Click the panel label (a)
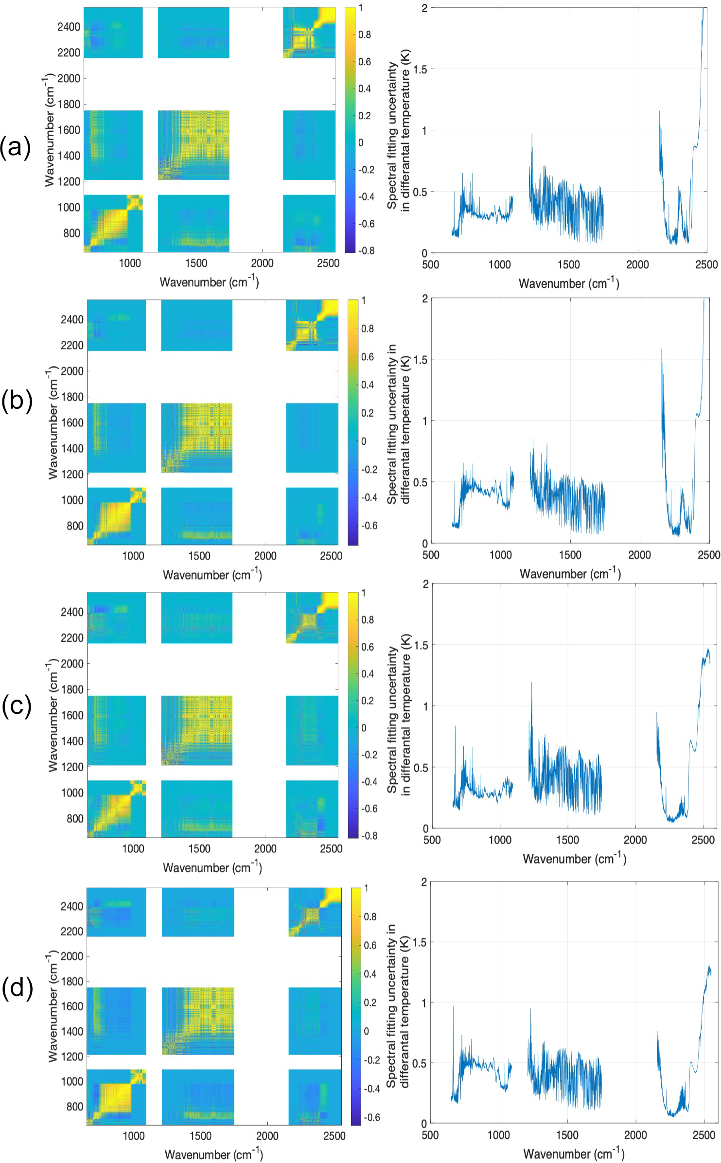pos(16,147)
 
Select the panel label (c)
pos(17,705)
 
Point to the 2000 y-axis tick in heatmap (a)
pos(69,78)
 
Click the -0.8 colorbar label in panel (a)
pos(366,251)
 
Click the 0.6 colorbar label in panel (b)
pos(367,357)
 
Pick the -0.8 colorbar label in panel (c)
pos(369,835)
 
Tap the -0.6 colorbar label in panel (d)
pos(372,1117)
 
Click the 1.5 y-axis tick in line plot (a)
pos(421,69)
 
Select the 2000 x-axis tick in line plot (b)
pos(639,555)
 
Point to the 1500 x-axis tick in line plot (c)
pos(567,840)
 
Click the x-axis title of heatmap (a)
pos(209,282)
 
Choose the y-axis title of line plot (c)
pos(399,715)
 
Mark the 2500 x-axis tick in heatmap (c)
pos(331,848)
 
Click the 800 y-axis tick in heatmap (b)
pos(75,526)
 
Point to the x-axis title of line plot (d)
pos(574,1153)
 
